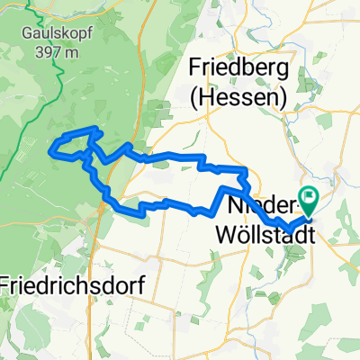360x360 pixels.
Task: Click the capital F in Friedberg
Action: pyautogui.click(x=195, y=68)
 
